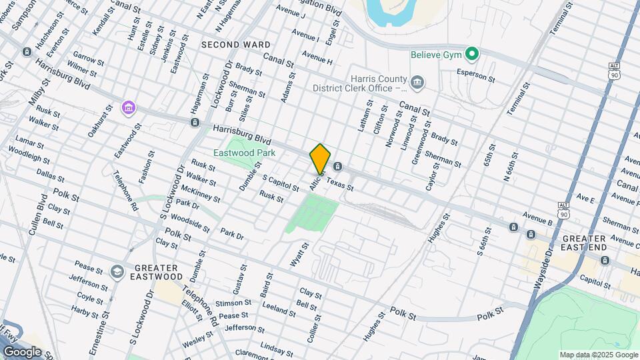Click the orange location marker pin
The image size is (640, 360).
320,159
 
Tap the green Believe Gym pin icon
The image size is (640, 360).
473,54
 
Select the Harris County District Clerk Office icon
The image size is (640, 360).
418,83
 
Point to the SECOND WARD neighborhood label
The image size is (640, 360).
236,45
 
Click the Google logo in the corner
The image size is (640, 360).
22,352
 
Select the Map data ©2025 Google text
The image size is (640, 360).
598,355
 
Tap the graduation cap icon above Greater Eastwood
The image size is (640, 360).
117,271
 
